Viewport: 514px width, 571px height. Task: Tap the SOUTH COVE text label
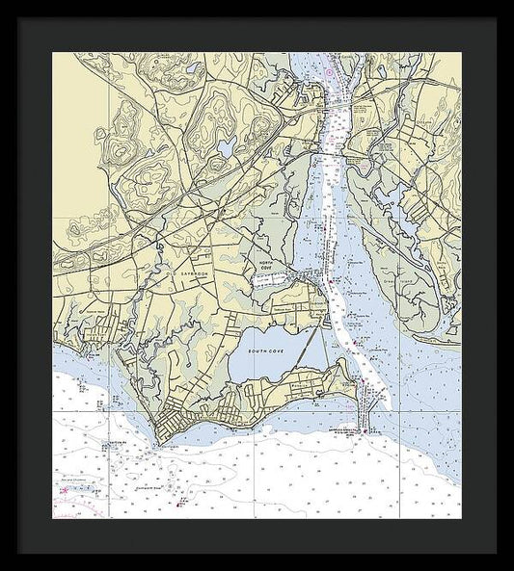pos(261,352)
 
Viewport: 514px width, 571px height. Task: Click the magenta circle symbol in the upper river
pos(329,72)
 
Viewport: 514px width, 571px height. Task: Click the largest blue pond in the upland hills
pos(227,147)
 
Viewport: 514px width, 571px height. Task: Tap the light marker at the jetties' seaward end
pos(364,430)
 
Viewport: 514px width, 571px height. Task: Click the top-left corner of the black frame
pos(18,18)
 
